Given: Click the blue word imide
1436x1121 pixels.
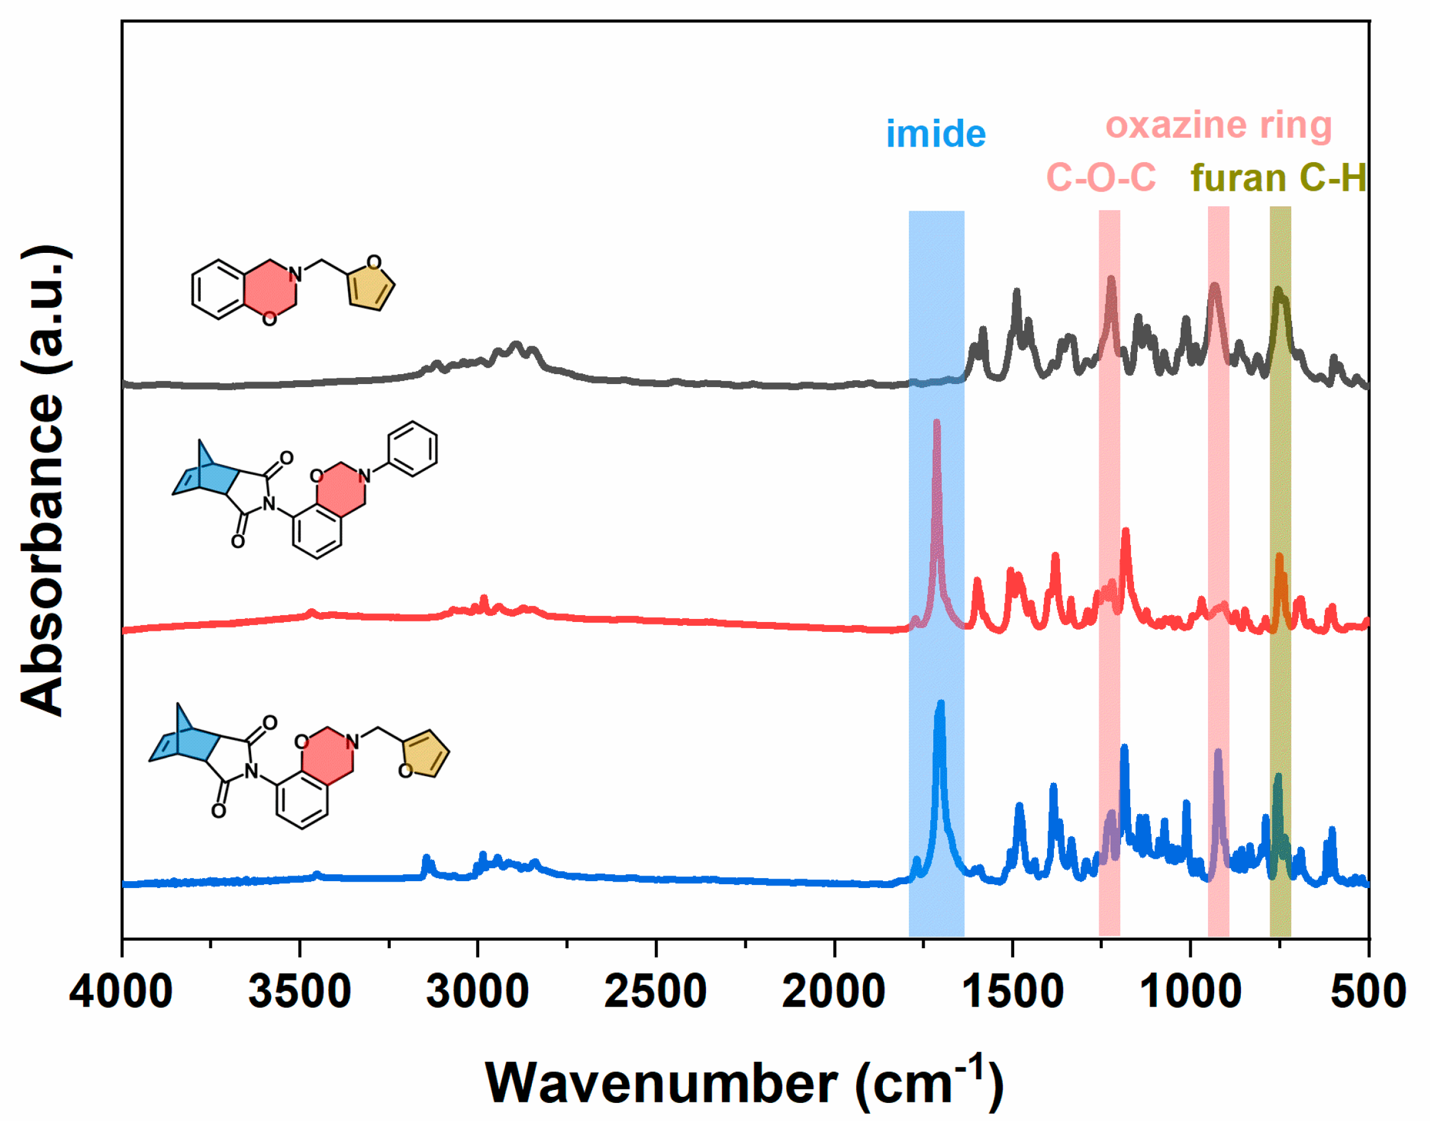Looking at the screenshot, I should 936,134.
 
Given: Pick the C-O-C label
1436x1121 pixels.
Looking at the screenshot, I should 1100,178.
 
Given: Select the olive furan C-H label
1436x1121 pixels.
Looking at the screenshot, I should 1278,178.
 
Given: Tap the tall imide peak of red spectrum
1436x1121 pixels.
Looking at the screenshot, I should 936,424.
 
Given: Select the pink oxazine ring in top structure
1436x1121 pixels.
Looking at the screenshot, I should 270,290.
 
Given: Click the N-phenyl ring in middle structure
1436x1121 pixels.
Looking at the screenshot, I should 412,449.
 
